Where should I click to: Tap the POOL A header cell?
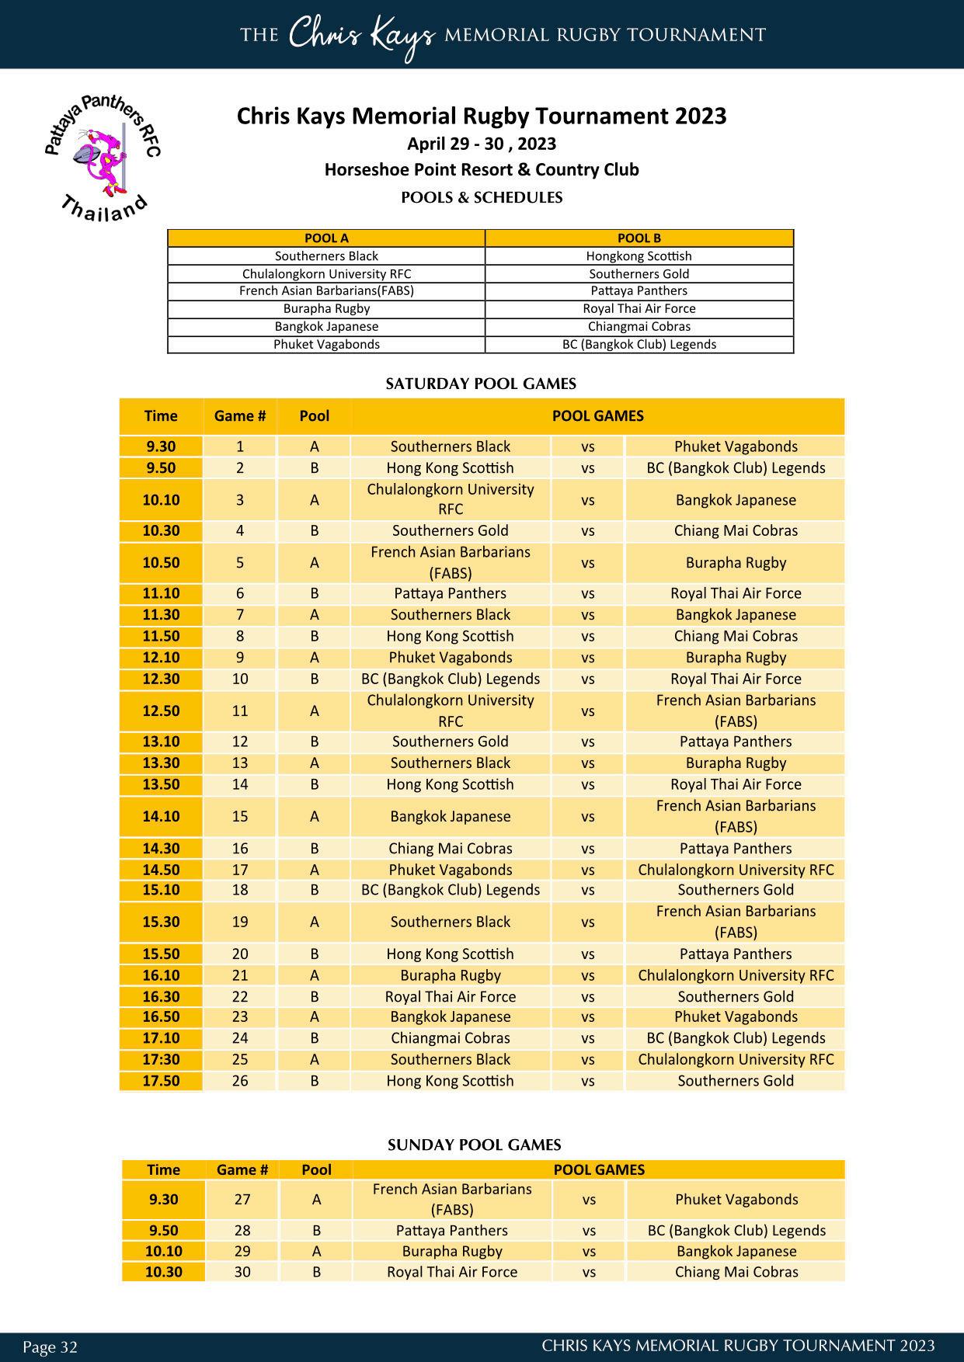pyautogui.click(x=326, y=238)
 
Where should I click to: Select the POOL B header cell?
pyautogui.click(x=639, y=238)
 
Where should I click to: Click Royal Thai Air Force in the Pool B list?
pyautogui.click(x=639, y=308)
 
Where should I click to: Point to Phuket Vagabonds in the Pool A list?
pyautogui.click(x=326, y=344)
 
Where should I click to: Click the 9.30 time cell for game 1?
pyautogui.click(x=161, y=446)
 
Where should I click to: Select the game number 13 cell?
pyautogui.click(x=240, y=763)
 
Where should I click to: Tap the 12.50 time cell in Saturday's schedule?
pyautogui.click(x=161, y=711)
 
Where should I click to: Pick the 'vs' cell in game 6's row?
pyautogui.click(x=587, y=593)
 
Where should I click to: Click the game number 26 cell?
pyautogui.click(x=240, y=1081)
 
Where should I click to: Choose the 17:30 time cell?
pyautogui.click(x=161, y=1059)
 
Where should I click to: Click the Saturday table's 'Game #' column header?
pyautogui.click(x=240, y=416)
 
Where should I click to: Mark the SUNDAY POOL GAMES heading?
pyautogui.click(x=474, y=1145)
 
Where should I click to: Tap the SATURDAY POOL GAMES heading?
pyautogui.click(x=481, y=384)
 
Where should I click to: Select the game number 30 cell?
pyautogui.click(x=242, y=1272)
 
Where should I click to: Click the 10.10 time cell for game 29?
pyautogui.click(x=163, y=1251)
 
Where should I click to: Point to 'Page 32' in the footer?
pyautogui.click(x=50, y=1346)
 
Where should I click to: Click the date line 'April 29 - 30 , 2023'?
pyautogui.click(x=482, y=144)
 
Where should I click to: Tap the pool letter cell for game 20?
pyautogui.click(x=315, y=954)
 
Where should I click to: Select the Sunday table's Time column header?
pyautogui.click(x=163, y=1169)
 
